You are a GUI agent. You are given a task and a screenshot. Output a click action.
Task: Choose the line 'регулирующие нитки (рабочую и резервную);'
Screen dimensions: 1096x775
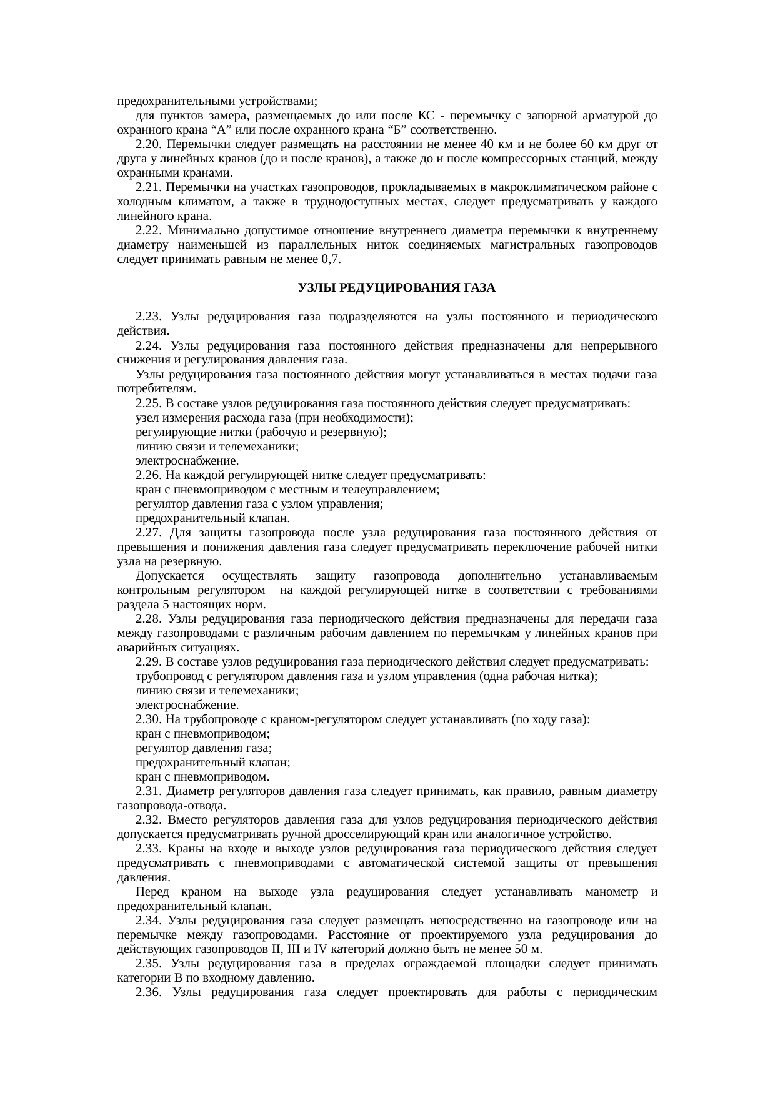click(261, 432)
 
